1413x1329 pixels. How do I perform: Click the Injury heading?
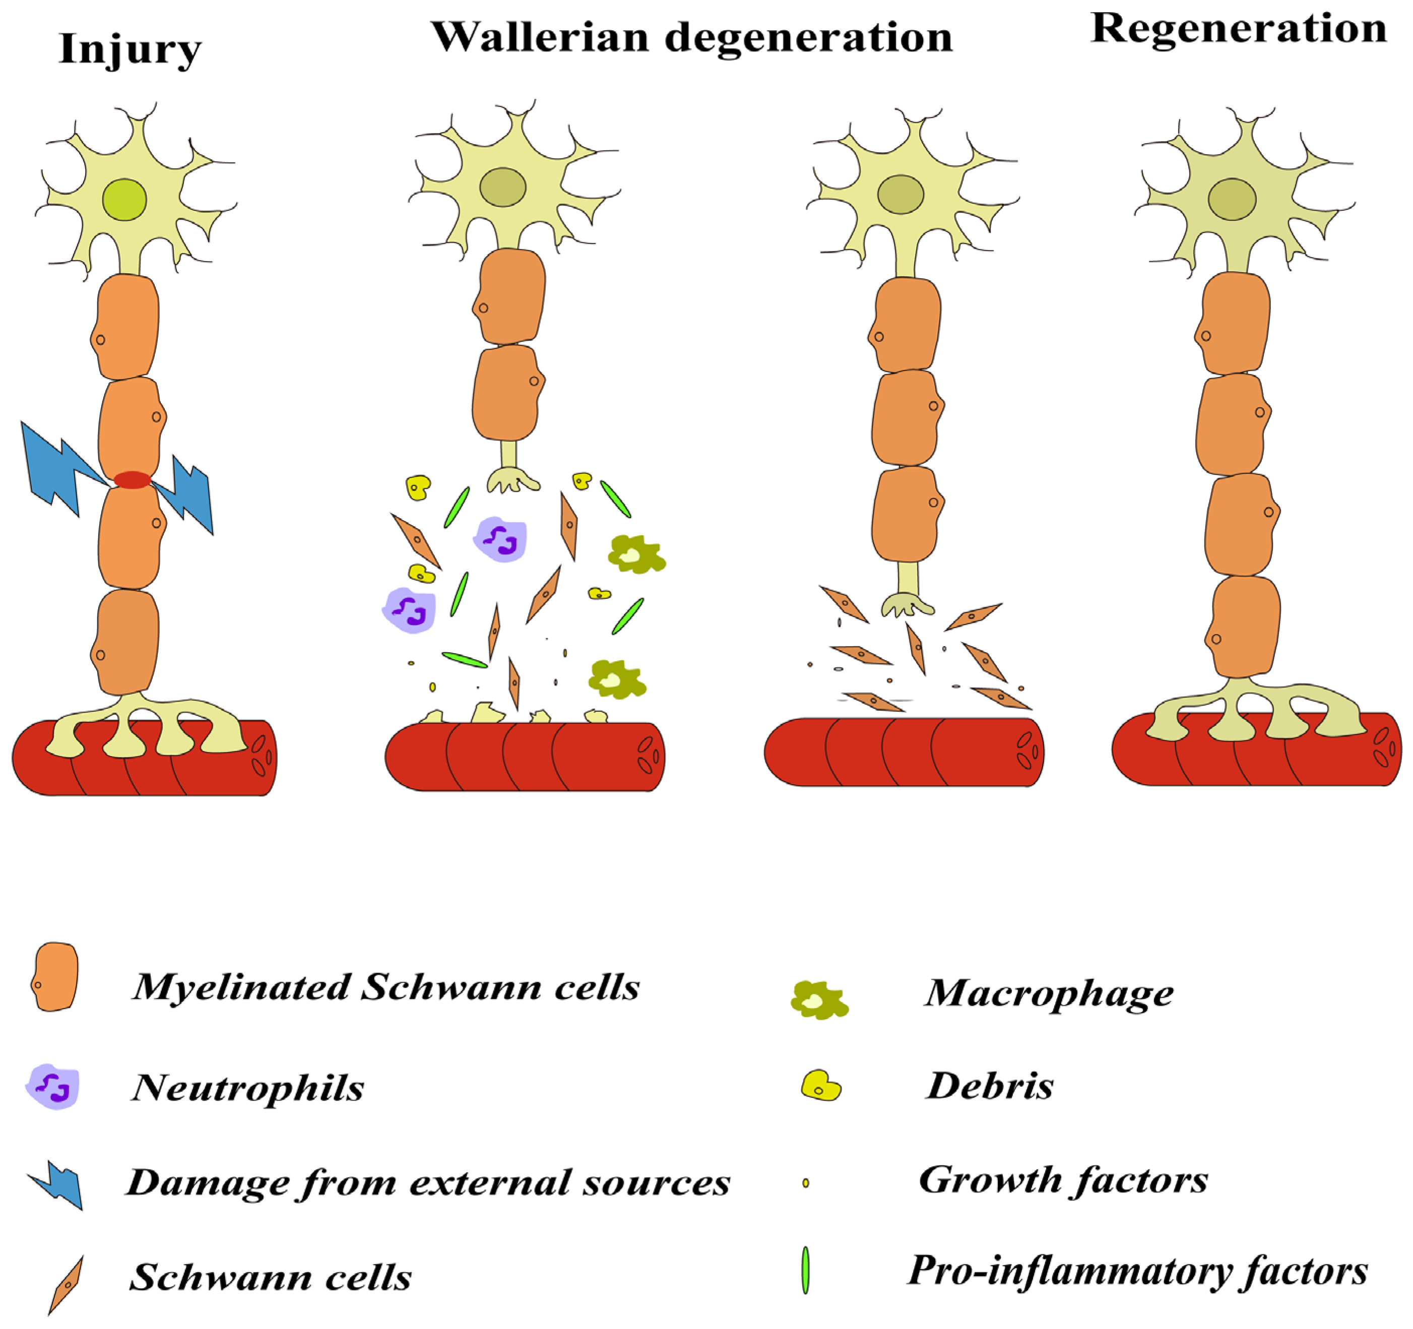coord(130,50)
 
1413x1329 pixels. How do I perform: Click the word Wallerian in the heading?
coord(540,37)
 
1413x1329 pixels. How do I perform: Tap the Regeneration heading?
coord(1238,28)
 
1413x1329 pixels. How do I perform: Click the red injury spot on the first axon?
coord(132,480)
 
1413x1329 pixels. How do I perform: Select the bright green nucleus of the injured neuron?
coord(124,200)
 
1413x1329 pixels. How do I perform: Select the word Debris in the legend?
coord(989,1086)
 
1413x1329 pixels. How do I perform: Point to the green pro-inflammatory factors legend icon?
coord(805,1270)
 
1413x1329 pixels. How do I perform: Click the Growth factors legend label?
coord(1063,1180)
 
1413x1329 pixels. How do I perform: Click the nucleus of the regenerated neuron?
coord(1232,199)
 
